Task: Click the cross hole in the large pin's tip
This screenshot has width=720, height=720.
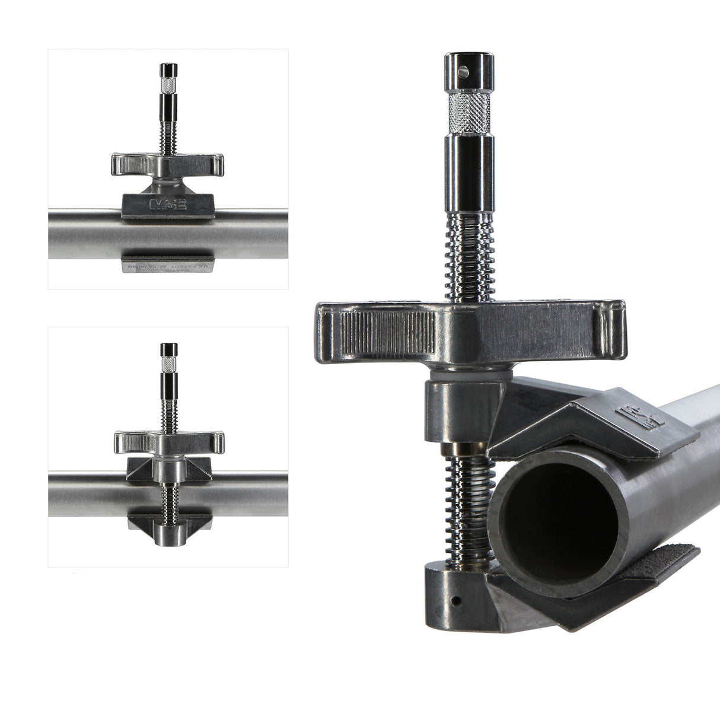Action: (464, 73)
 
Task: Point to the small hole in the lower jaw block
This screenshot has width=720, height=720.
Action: (455, 601)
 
